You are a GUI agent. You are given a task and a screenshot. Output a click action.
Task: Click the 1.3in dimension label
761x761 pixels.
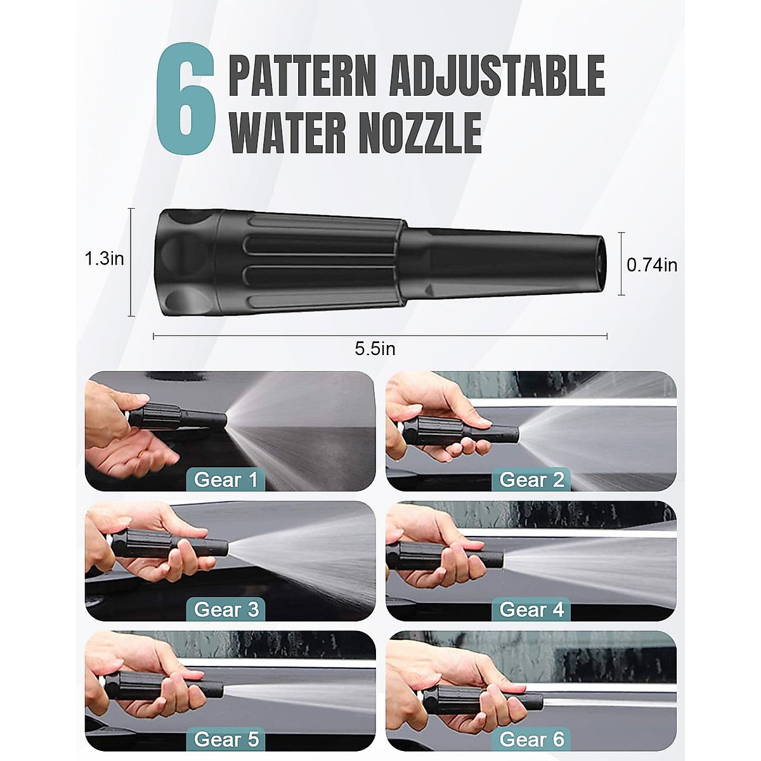click(x=104, y=259)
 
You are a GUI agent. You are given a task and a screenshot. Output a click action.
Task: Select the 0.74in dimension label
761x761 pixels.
click(x=652, y=264)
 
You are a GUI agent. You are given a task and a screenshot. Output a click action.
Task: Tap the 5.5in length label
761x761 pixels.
click(x=375, y=348)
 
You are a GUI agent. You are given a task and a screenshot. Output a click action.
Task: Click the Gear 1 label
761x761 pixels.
click(x=226, y=479)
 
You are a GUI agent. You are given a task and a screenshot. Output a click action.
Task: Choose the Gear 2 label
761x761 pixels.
click(x=531, y=479)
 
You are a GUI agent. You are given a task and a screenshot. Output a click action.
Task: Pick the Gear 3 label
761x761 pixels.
click(x=226, y=609)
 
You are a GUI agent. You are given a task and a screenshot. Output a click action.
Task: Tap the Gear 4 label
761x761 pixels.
click(x=531, y=609)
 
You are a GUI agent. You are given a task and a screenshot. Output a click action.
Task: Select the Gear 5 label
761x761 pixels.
click(x=226, y=739)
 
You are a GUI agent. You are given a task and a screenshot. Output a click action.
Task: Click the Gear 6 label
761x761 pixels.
click(x=531, y=739)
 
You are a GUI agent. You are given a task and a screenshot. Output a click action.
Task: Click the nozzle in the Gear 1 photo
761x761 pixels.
click(x=178, y=415)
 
